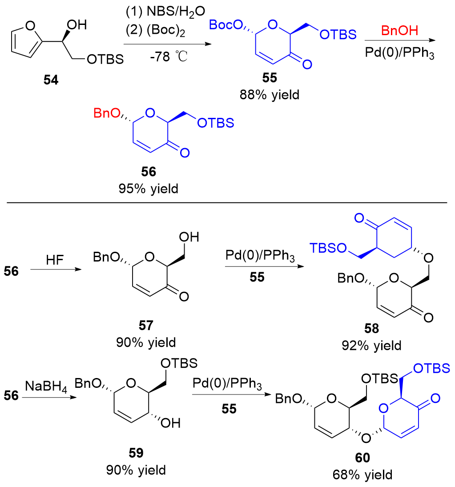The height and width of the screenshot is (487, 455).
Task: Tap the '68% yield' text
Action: pyautogui.click(x=362, y=475)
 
